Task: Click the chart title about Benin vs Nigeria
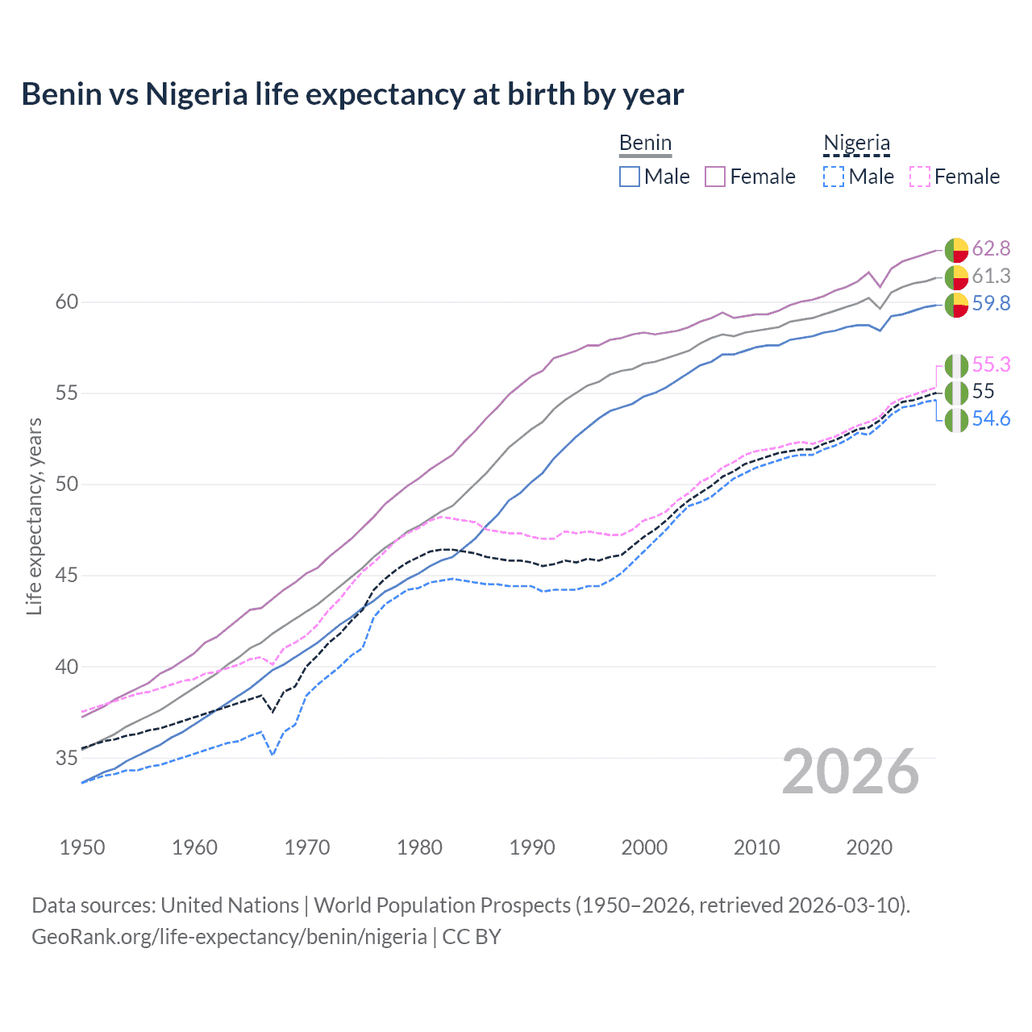coord(352,94)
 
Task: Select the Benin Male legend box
coord(630,177)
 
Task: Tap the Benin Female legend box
coord(715,177)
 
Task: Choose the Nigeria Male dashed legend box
coord(834,177)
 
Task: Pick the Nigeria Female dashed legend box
coord(919,177)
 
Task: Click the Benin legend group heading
coord(645,143)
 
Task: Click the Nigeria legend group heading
coord(856,143)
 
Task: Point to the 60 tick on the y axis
coord(67,302)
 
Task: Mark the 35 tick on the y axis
coord(67,758)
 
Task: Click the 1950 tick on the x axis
coord(82,847)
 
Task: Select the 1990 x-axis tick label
coord(532,847)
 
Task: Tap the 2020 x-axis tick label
coord(869,847)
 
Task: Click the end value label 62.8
coord(991,248)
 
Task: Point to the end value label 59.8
coord(991,303)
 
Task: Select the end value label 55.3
coord(991,364)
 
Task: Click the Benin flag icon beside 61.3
coord(956,277)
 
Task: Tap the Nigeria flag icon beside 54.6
coord(956,420)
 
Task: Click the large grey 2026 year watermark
coord(851,772)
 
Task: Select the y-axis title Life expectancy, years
coord(34,516)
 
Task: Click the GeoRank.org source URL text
coord(229,937)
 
